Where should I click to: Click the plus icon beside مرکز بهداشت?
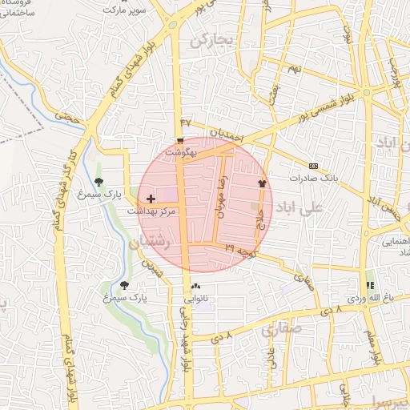click(x=151, y=198)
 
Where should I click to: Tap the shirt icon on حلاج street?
click(x=261, y=183)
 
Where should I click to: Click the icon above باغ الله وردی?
click(x=370, y=286)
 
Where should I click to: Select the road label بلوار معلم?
click(x=372, y=344)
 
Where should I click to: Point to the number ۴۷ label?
click(x=186, y=122)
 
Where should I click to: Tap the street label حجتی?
click(x=74, y=118)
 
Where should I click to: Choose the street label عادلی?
click(x=271, y=356)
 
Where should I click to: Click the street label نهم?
click(x=295, y=69)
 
